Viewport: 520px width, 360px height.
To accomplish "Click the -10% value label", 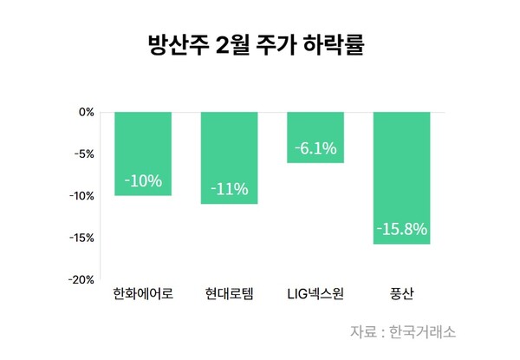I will [143, 181].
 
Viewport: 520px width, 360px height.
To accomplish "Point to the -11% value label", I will [229, 189].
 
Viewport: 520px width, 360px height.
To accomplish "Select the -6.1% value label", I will [315, 148].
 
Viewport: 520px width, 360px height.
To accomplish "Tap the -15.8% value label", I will [401, 230].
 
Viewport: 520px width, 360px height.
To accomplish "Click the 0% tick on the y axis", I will [86, 112].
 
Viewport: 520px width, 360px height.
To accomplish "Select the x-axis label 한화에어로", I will [143, 294].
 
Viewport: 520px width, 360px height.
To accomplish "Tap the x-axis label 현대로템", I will [229, 294].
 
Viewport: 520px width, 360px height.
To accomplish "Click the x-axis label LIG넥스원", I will [315, 294].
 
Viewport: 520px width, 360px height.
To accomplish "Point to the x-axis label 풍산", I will [401, 294].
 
